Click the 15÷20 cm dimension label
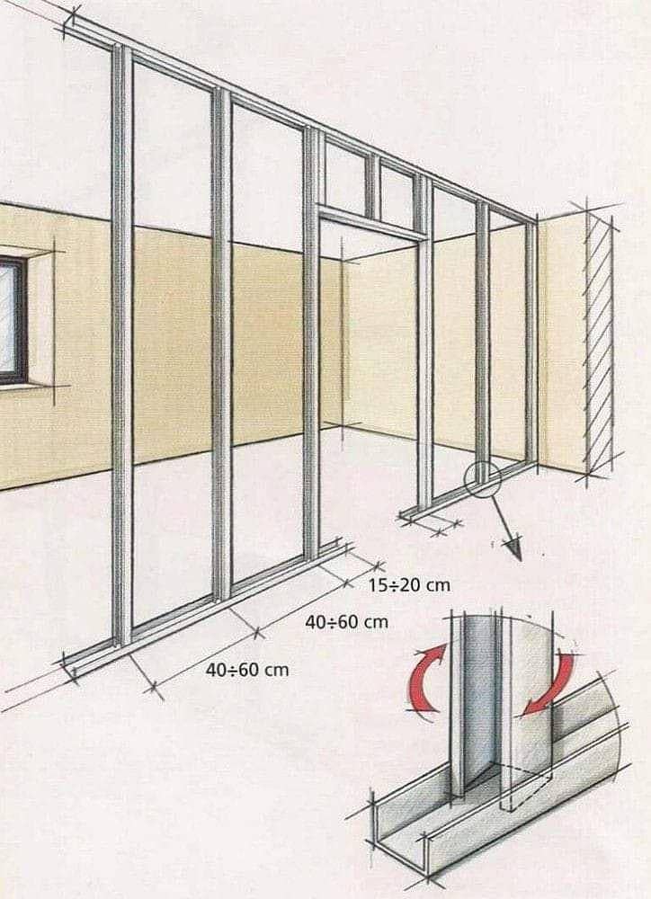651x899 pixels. (x=409, y=585)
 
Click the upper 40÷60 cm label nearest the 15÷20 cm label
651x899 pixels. (x=346, y=621)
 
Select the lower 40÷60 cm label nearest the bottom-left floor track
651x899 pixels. (x=247, y=669)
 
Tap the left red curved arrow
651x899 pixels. (x=425, y=677)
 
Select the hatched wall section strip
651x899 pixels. (x=599, y=338)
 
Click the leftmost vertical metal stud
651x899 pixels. (x=122, y=344)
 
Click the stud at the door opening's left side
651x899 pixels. (x=311, y=344)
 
